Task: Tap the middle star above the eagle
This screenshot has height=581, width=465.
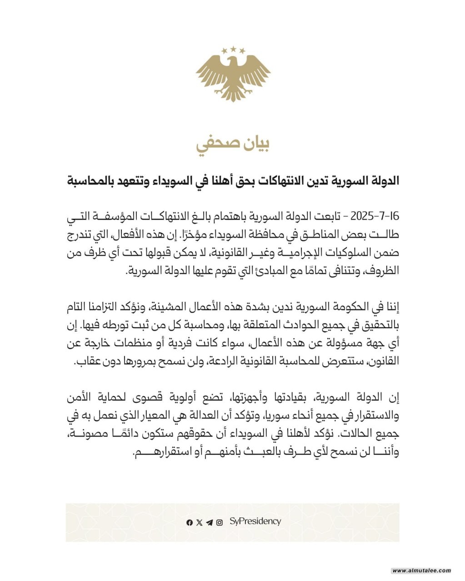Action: (x=233, y=49)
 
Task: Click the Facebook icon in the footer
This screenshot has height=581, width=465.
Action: (x=190, y=522)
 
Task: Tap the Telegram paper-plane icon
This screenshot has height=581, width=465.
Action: (x=209, y=522)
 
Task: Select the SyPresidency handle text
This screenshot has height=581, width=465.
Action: (x=255, y=522)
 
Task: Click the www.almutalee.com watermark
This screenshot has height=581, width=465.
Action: (x=421, y=571)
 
